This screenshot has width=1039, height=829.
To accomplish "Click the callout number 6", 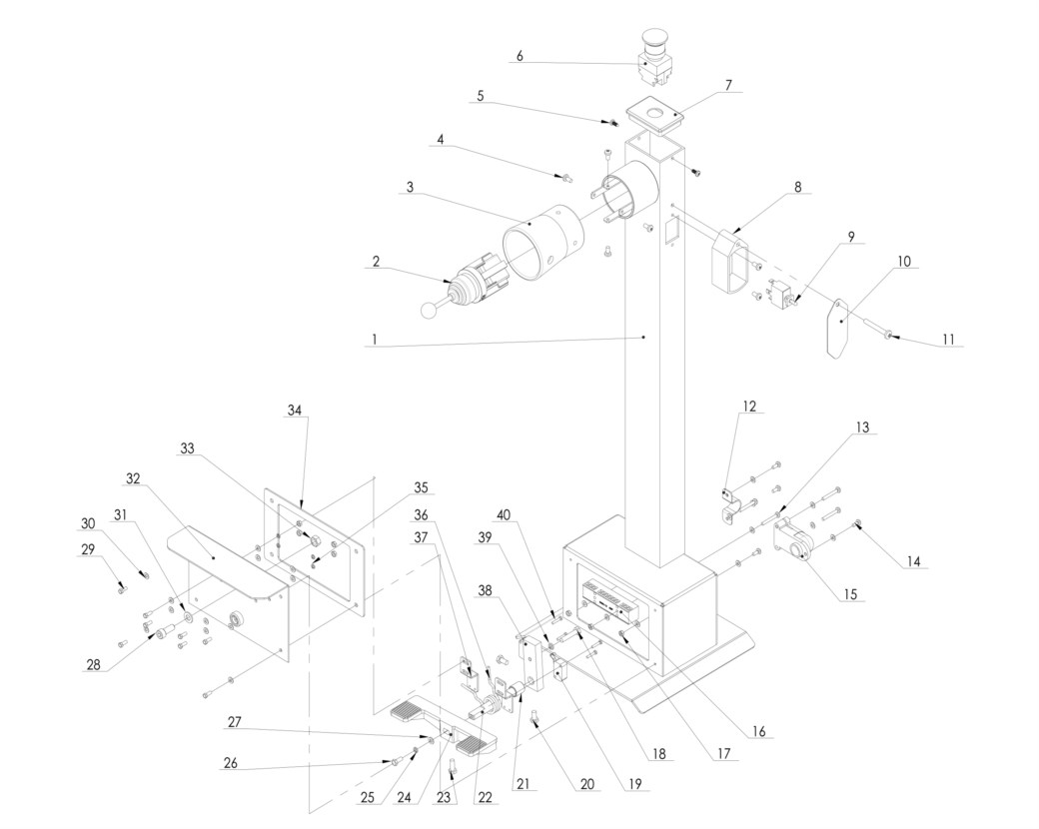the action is click(x=519, y=56).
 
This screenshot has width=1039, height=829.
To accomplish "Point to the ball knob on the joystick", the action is click(x=430, y=309).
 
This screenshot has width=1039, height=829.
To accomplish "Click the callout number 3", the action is click(x=411, y=187).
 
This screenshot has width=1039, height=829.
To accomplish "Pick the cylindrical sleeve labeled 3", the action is click(x=543, y=242).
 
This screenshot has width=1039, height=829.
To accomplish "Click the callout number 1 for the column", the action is click(x=375, y=340).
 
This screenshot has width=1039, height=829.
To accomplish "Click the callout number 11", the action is click(x=948, y=339).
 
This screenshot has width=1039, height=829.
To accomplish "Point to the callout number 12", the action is click(x=748, y=406).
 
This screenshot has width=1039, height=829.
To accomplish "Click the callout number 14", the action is click(x=913, y=561).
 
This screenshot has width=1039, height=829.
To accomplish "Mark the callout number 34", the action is click(x=294, y=411).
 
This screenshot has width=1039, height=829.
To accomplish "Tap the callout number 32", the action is click(x=133, y=478).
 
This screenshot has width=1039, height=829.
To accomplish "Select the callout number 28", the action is click(x=94, y=664).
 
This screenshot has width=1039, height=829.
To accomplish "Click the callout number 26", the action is click(x=230, y=763).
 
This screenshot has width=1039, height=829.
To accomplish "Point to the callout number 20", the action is click(x=587, y=784).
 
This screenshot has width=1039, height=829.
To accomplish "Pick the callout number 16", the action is click(x=758, y=731).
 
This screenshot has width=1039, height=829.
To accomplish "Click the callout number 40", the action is click(x=504, y=514).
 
